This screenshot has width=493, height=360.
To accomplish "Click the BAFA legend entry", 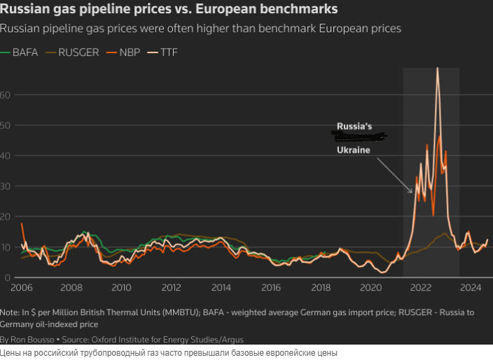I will tap(25, 53).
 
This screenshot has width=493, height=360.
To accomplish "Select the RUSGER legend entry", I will tap(78, 53).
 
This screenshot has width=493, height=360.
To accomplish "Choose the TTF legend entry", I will tap(169, 53).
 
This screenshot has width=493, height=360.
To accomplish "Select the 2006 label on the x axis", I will tap(22, 288).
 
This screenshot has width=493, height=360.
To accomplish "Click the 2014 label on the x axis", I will tap(221, 288).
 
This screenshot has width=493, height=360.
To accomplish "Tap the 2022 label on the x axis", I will tap(421, 288).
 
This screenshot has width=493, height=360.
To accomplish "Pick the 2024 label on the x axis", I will tap(471, 288).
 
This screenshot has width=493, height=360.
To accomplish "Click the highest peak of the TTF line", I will tap(438, 68).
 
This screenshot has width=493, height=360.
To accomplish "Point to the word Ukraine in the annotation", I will tap(353, 150).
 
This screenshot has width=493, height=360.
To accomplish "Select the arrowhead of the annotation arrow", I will tap(411, 192).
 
